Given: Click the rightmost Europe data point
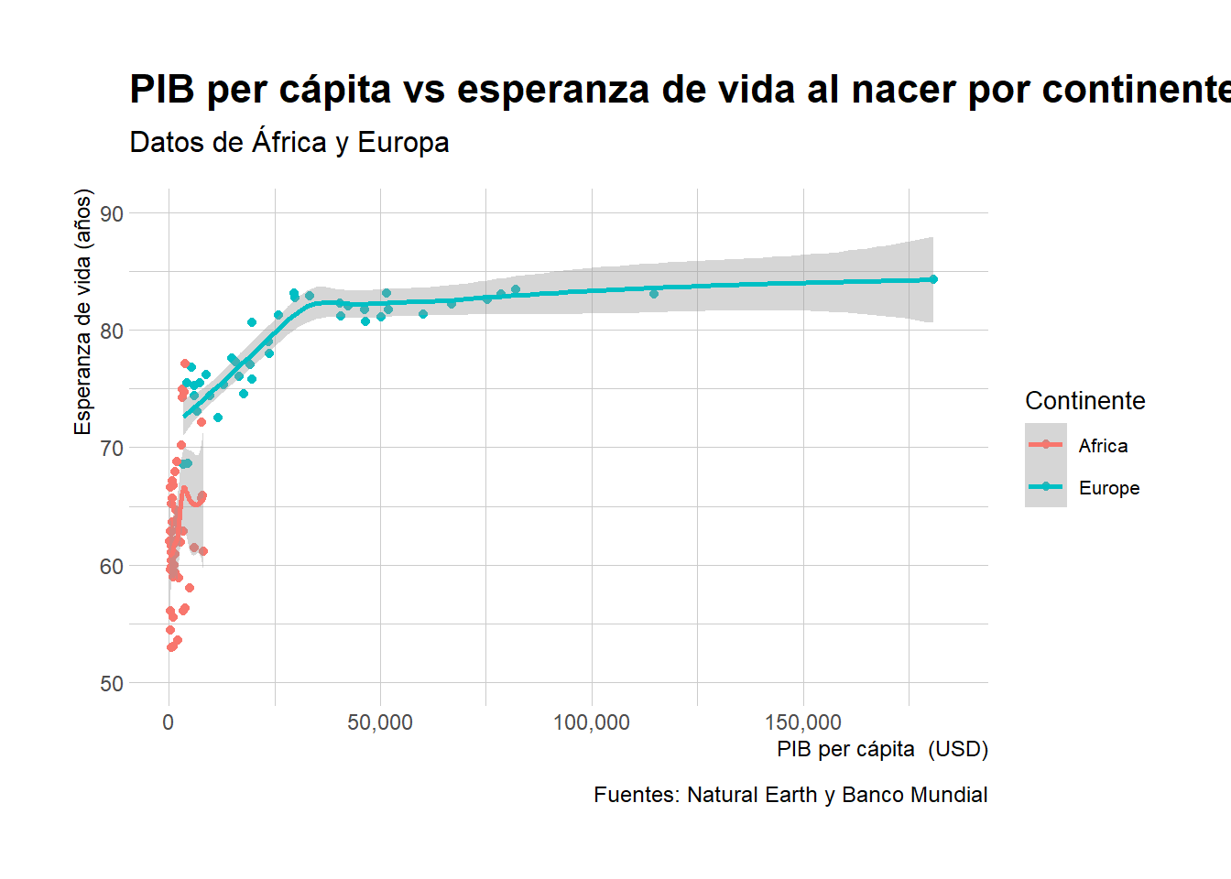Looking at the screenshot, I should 933,279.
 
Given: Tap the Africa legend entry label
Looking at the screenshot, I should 1103,446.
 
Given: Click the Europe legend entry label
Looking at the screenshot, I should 1108,488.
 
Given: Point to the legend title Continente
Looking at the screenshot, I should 1084,401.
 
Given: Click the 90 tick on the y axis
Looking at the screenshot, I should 112,213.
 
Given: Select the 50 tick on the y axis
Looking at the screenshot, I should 112,683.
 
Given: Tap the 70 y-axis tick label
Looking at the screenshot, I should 112,449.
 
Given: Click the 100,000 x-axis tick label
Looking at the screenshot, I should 592,722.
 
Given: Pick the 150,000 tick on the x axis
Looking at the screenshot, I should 803,722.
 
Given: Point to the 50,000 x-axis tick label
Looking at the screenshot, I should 380,722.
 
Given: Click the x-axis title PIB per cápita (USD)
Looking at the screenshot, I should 882,749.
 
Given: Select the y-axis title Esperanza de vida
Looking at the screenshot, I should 83,312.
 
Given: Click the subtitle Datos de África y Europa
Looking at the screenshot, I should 289,143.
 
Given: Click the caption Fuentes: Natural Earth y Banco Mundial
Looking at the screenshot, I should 790,795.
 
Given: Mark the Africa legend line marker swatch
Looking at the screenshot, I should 1046,445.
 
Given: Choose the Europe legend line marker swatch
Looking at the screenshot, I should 1046,487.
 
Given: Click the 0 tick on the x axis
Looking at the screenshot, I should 169,722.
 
